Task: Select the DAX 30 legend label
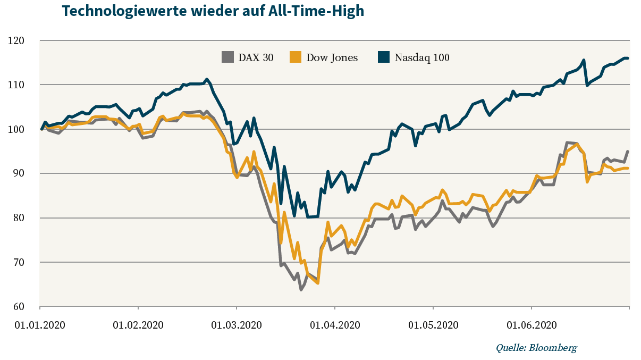click(x=256, y=57)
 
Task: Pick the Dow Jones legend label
click(x=332, y=57)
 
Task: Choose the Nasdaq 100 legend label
click(x=422, y=57)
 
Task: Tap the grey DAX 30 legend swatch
click(x=227, y=57)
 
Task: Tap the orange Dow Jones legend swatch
click(x=295, y=57)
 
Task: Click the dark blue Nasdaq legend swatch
click(x=383, y=57)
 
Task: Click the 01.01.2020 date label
click(x=40, y=325)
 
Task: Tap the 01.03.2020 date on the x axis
click(x=237, y=325)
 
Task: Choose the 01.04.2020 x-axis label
click(x=334, y=325)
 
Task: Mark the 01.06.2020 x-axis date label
click(x=532, y=325)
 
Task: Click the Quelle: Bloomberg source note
click(x=536, y=348)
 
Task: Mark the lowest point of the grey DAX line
click(x=301, y=289)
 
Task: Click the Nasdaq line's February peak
click(x=207, y=79)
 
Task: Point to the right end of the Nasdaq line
click(x=628, y=58)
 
